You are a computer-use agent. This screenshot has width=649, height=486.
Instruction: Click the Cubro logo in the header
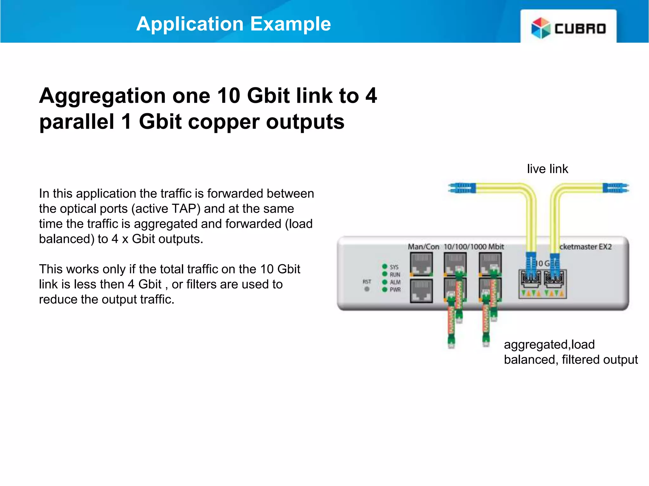pyautogui.click(x=569, y=28)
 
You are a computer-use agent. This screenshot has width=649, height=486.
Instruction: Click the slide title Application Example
pyautogui.click(x=234, y=24)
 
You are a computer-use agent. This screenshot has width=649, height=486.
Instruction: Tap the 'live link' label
pyautogui.click(x=547, y=169)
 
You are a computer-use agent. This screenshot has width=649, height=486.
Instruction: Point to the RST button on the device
pyautogui.click(x=367, y=289)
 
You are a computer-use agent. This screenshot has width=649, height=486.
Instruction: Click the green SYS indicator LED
pyautogui.click(x=385, y=266)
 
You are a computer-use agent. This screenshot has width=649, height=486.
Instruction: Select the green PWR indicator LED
pyautogui.click(x=385, y=290)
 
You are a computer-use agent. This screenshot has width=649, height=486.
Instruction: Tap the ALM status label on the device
pyautogui.click(x=395, y=282)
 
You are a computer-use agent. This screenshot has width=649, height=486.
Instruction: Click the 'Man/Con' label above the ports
pyautogui.click(x=423, y=246)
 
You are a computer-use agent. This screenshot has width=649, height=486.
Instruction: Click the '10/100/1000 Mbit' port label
pyautogui.click(x=474, y=246)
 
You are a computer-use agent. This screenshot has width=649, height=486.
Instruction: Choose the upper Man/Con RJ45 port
pyautogui.click(x=421, y=265)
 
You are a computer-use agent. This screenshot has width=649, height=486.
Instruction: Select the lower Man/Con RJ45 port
pyautogui.click(x=421, y=291)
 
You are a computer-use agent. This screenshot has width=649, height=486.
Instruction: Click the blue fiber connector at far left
pyautogui.click(x=462, y=188)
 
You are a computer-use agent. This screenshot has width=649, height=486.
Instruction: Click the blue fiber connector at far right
pyautogui.click(x=616, y=188)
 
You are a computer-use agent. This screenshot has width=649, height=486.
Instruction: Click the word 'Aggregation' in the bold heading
pyautogui.click(x=102, y=96)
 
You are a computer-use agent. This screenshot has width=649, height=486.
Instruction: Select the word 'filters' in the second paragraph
pyautogui.click(x=202, y=284)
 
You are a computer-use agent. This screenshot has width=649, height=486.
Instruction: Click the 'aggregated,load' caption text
pyautogui.click(x=549, y=344)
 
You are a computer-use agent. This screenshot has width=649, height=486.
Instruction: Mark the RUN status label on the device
pyautogui.click(x=395, y=274)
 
